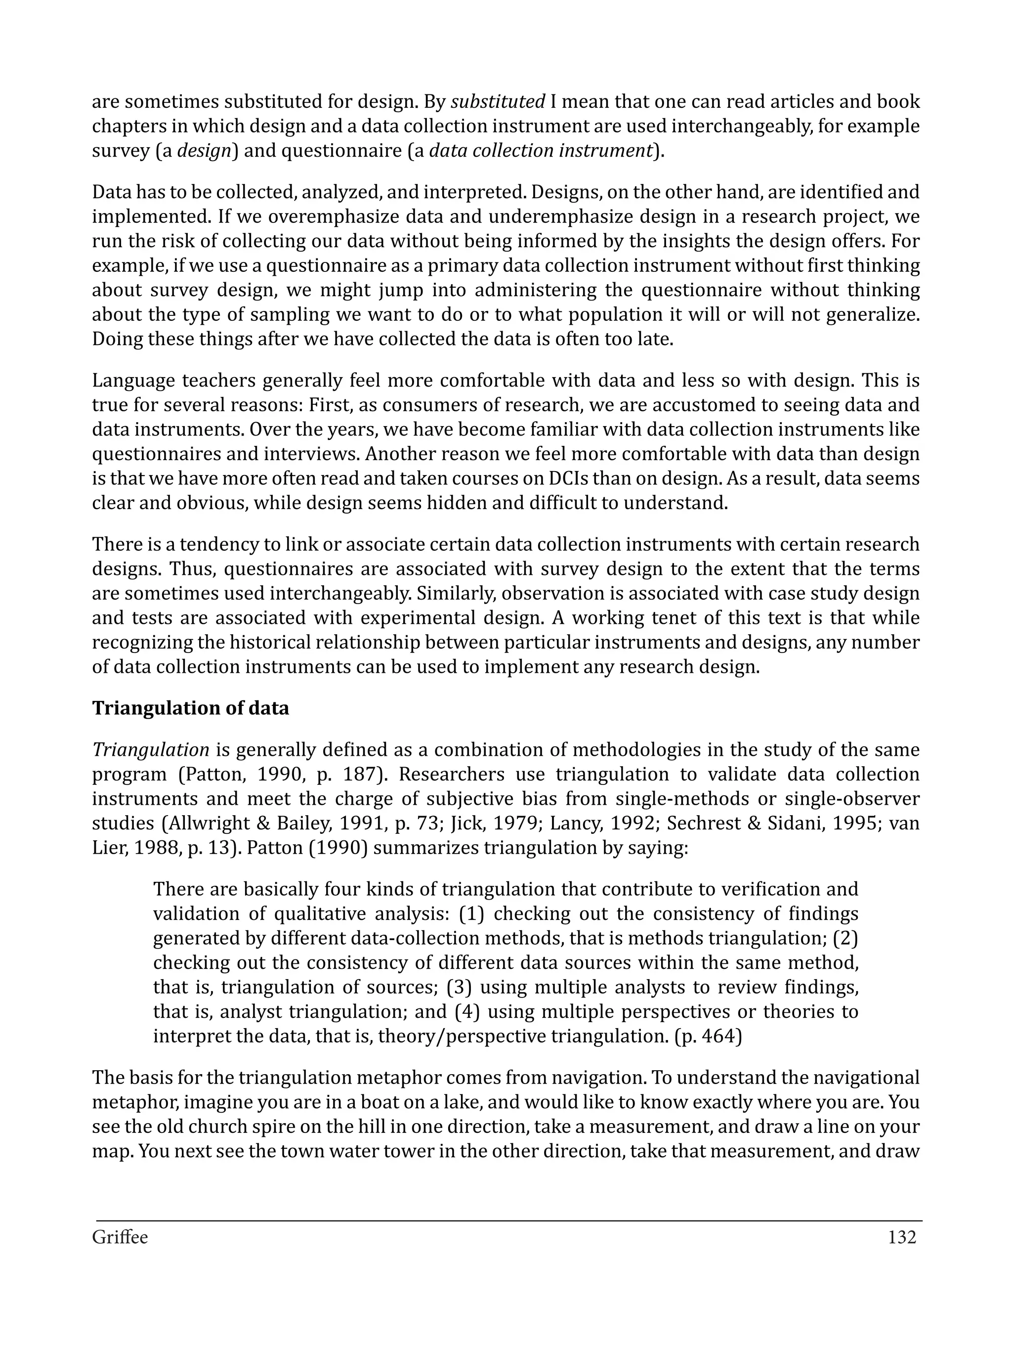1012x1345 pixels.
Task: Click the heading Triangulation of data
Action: point(190,708)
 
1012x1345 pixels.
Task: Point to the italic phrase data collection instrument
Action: point(540,151)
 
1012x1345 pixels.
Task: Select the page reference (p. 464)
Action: point(708,1036)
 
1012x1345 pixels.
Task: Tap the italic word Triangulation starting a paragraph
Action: point(151,750)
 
